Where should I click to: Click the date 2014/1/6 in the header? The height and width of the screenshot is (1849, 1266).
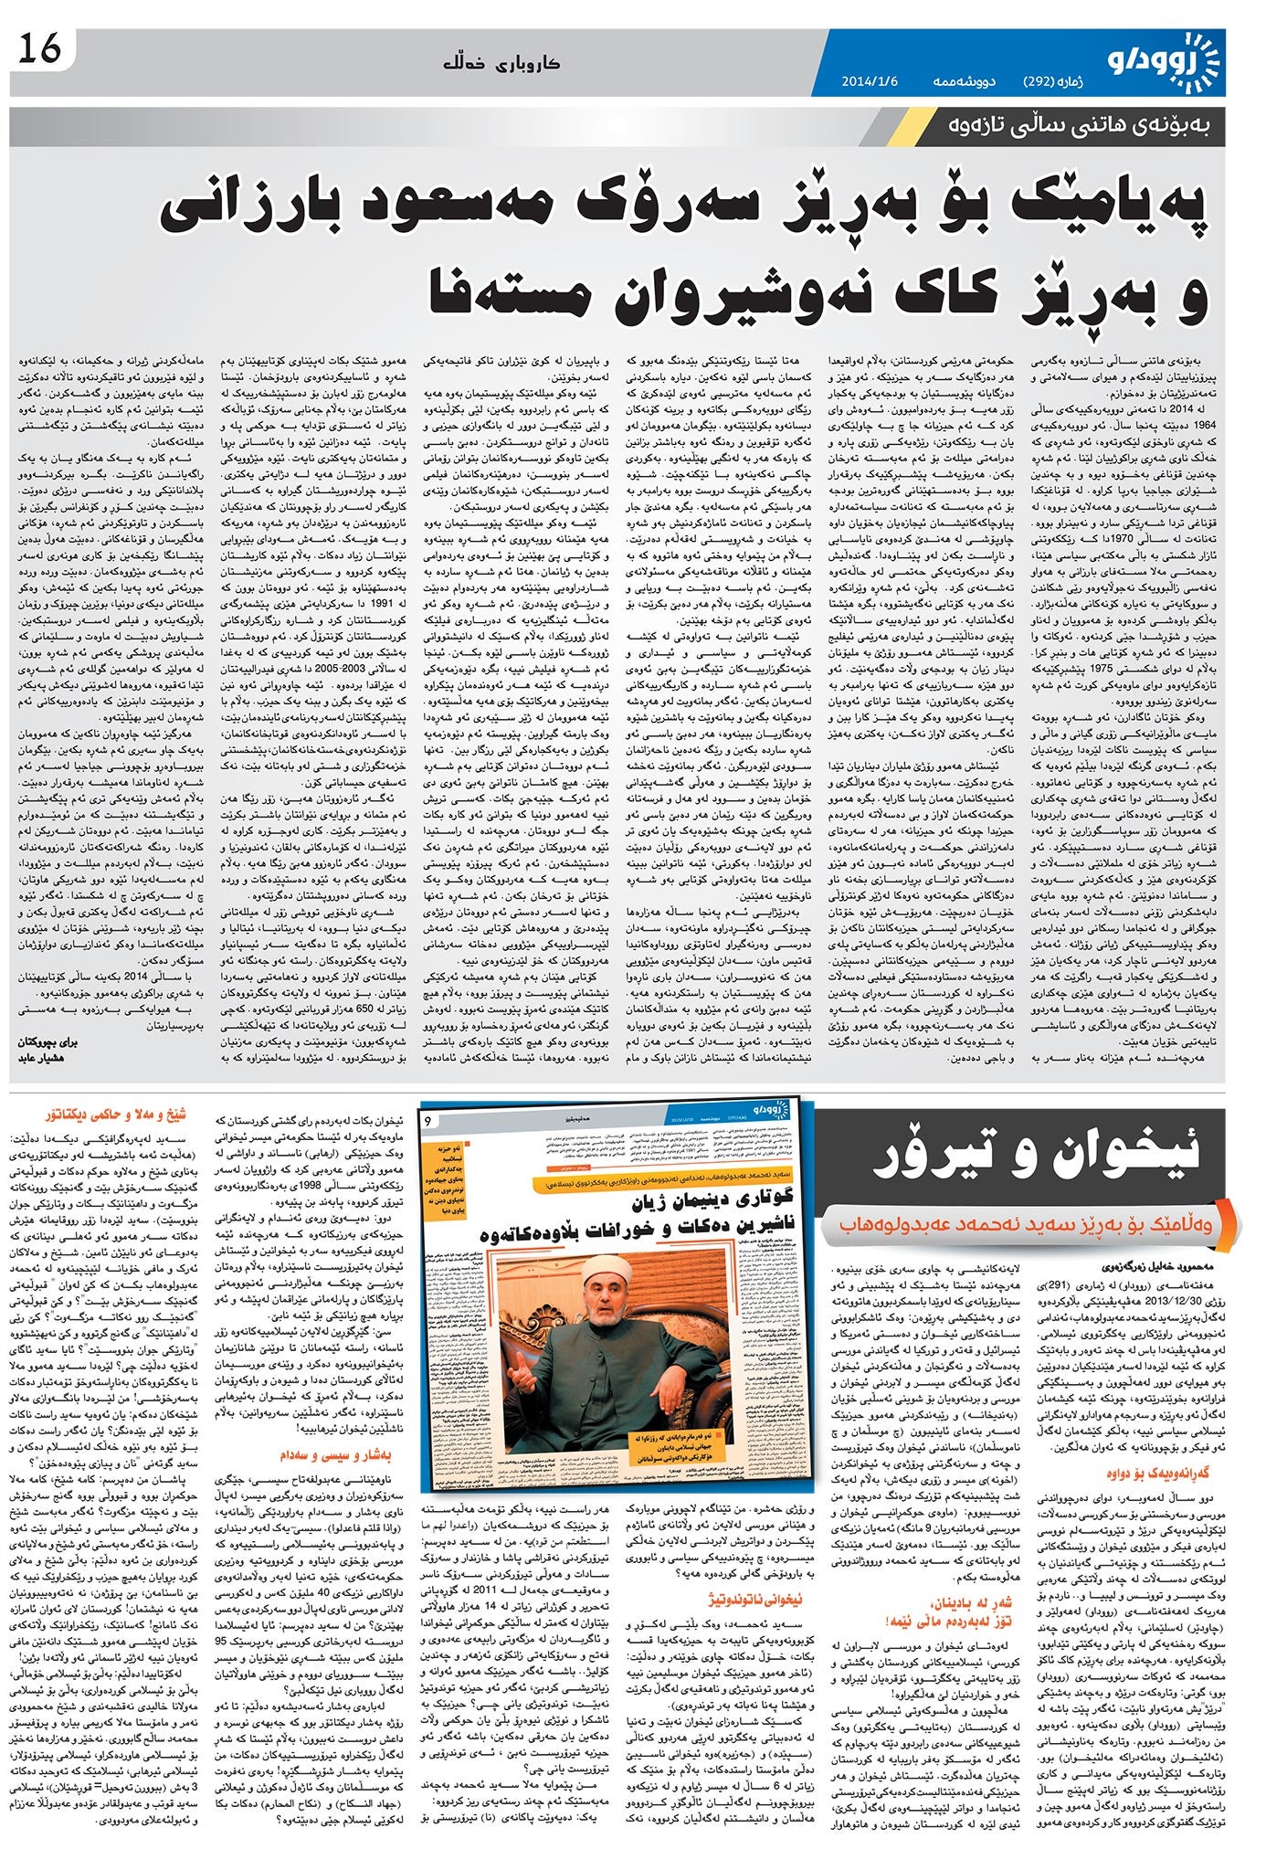point(870,81)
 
